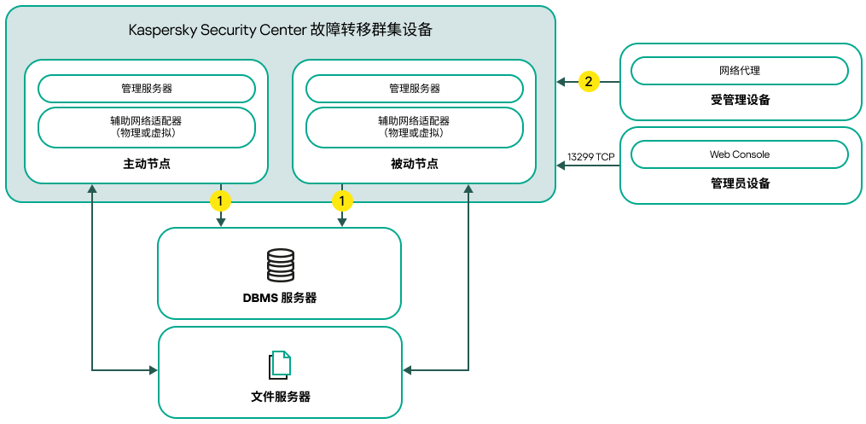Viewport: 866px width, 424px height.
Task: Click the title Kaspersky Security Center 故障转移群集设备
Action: click(x=280, y=31)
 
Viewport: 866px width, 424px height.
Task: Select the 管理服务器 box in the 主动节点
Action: click(x=147, y=89)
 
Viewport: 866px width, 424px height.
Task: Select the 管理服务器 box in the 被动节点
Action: click(x=415, y=89)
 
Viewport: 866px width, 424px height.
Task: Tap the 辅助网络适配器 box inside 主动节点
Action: click(x=147, y=127)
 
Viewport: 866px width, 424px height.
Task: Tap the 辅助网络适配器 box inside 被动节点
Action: click(x=415, y=127)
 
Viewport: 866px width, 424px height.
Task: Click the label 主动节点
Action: click(x=147, y=164)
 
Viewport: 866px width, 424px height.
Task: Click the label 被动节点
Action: click(x=415, y=164)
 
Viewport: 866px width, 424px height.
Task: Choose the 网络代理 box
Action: click(x=740, y=71)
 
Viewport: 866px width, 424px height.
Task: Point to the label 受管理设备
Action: click(x=740, y=101)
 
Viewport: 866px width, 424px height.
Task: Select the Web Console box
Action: click(x=740, y=154)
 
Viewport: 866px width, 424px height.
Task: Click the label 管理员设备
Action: click(x=740, y=183)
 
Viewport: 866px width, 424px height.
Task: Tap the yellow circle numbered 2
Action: click(x=589, y=82)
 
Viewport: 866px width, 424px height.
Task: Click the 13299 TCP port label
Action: click(x=590, y=157)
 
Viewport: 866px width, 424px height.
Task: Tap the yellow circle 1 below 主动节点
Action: click(x=221, y=201)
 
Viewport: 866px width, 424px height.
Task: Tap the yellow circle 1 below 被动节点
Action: click(x=342, y=201)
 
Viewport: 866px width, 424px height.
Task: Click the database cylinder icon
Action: click(x=280, y=265)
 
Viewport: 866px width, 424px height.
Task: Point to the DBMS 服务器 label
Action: click(x=280, y=298)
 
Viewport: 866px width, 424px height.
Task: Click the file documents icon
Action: click(x=280, y=364)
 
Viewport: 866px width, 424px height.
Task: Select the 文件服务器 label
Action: click(x=280, y=397)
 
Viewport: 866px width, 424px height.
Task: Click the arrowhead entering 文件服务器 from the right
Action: click(x=408, y=370)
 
